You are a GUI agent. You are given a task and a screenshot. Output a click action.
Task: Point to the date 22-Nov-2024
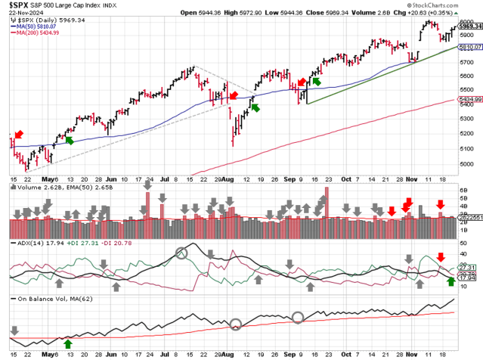coord(22,13)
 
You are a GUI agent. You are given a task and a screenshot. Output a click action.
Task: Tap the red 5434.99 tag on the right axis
coord(468,98)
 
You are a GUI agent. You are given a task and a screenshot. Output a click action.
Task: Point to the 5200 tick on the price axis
coord(466,134)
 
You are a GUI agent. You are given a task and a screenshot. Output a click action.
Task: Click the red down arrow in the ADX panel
coord(441,257)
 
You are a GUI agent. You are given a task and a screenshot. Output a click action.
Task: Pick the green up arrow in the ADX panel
coord(451,282)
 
